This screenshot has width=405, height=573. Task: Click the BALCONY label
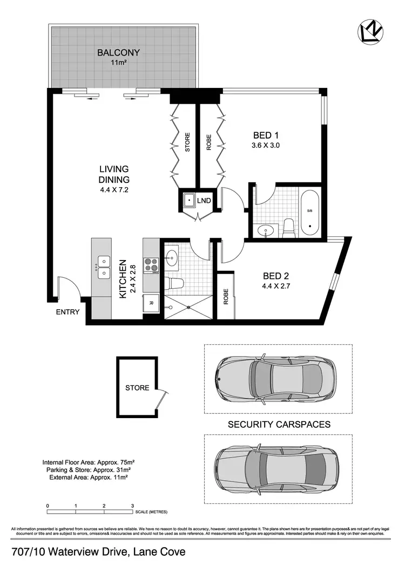[x=118, y=53]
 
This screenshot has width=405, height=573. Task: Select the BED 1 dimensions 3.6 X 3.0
[x=266, y=145]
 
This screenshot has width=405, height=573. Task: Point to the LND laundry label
[x=204, y=201]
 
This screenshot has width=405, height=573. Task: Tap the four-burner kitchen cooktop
[x=151, y=264]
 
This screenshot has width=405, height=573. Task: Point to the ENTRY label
[x=67, y=312]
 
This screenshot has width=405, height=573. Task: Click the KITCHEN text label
[x=123, y=278]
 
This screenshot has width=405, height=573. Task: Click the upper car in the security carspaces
[x=275, y=377]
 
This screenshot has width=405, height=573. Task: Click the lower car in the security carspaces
[x=275, y=463]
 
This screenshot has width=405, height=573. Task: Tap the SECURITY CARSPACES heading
[x=279, y=425]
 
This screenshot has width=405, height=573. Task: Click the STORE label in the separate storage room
[x=137, y=387]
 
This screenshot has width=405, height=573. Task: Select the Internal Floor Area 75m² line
[x=89, y=462]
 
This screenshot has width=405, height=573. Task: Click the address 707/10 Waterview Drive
[x=98, y=552]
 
